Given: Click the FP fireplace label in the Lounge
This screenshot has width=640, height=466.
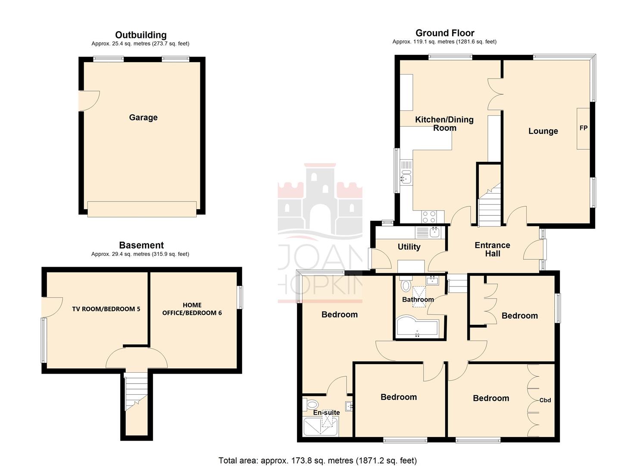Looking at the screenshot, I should pyautogui.click(x=583, y=128).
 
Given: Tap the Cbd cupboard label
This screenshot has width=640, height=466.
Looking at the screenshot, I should pyautogui.click(x=545, y=400).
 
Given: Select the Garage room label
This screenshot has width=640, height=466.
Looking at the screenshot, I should pyautogui.click(x=143, y=117).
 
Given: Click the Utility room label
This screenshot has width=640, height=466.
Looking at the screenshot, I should pyautogui.click(x=409, y=247).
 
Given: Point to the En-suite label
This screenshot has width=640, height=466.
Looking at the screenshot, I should pyautogui.click(x=326, y=412).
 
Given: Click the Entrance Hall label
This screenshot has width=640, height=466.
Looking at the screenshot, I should pyautogui.click(x=492, y=249).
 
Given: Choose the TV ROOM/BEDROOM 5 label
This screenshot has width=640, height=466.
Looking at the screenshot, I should pyautogui.click(x=106, y=309).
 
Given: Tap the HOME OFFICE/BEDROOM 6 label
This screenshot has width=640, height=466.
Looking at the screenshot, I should pyautogui.click(x=192, y=309).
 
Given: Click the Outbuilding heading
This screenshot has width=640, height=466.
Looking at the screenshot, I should pyautogui.click(x=140, y=35).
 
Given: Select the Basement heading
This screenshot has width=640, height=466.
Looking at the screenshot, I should pyautogui.click(x=141, y=245).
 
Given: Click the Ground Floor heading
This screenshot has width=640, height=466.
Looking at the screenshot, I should pyautogui.click(x=445, y=33).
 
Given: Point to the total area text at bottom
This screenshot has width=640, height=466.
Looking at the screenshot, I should pyautogui.click(x=318, y=460).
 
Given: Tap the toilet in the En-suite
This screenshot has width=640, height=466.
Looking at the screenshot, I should pyautogui.click(x=312, y=405).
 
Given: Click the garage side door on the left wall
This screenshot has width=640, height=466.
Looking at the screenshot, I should pyautogui.click(x=88, y=101).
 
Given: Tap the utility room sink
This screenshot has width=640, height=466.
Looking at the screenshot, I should pyautogui.click(x=434, y=232).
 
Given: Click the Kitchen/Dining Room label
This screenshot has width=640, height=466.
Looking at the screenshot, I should pyautogui.click(x=444, y=124).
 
